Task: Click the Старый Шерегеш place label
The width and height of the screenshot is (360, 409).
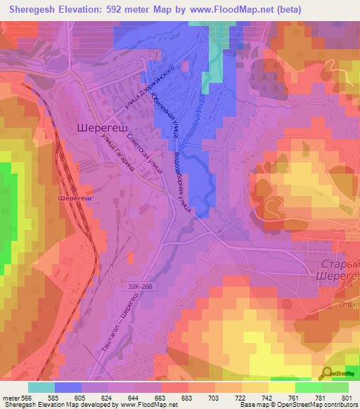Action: pos(335,270)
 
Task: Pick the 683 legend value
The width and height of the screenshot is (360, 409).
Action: pos(187,398)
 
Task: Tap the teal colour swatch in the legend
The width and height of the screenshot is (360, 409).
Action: pos(41,387)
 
